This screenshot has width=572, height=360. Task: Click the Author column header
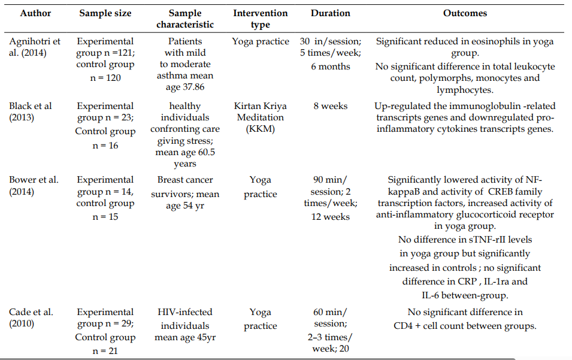pos(35,13)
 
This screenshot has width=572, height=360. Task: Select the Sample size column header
pos(105,13)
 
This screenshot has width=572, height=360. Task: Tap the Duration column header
pos(331,13)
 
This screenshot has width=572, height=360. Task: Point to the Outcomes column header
pos(465,13)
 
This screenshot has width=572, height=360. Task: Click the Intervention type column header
pos(261,19)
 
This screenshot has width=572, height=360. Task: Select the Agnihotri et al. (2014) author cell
pos(35,47)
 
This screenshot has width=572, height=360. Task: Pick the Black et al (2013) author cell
pos(31,111)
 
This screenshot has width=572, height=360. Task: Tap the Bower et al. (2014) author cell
pos(34,186)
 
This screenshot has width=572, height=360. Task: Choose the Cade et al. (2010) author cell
pos(31,317)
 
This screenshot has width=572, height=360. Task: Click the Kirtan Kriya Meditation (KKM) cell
pos(261,117)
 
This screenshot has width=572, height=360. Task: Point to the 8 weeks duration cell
pos(331,106)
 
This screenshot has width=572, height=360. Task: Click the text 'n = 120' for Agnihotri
pos(105,78)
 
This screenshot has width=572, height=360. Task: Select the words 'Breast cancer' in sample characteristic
pos(185,180)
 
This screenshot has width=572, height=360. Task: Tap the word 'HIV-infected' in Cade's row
pos(185,312)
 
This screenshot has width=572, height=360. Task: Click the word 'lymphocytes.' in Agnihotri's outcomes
pos(465,90)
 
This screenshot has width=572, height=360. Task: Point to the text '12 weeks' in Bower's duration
pos(331,217)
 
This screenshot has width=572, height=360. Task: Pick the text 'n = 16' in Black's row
pos(105,146)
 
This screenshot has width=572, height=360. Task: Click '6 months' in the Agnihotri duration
pos(331,66)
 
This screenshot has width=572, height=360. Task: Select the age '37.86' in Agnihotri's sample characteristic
pos(193,87)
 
